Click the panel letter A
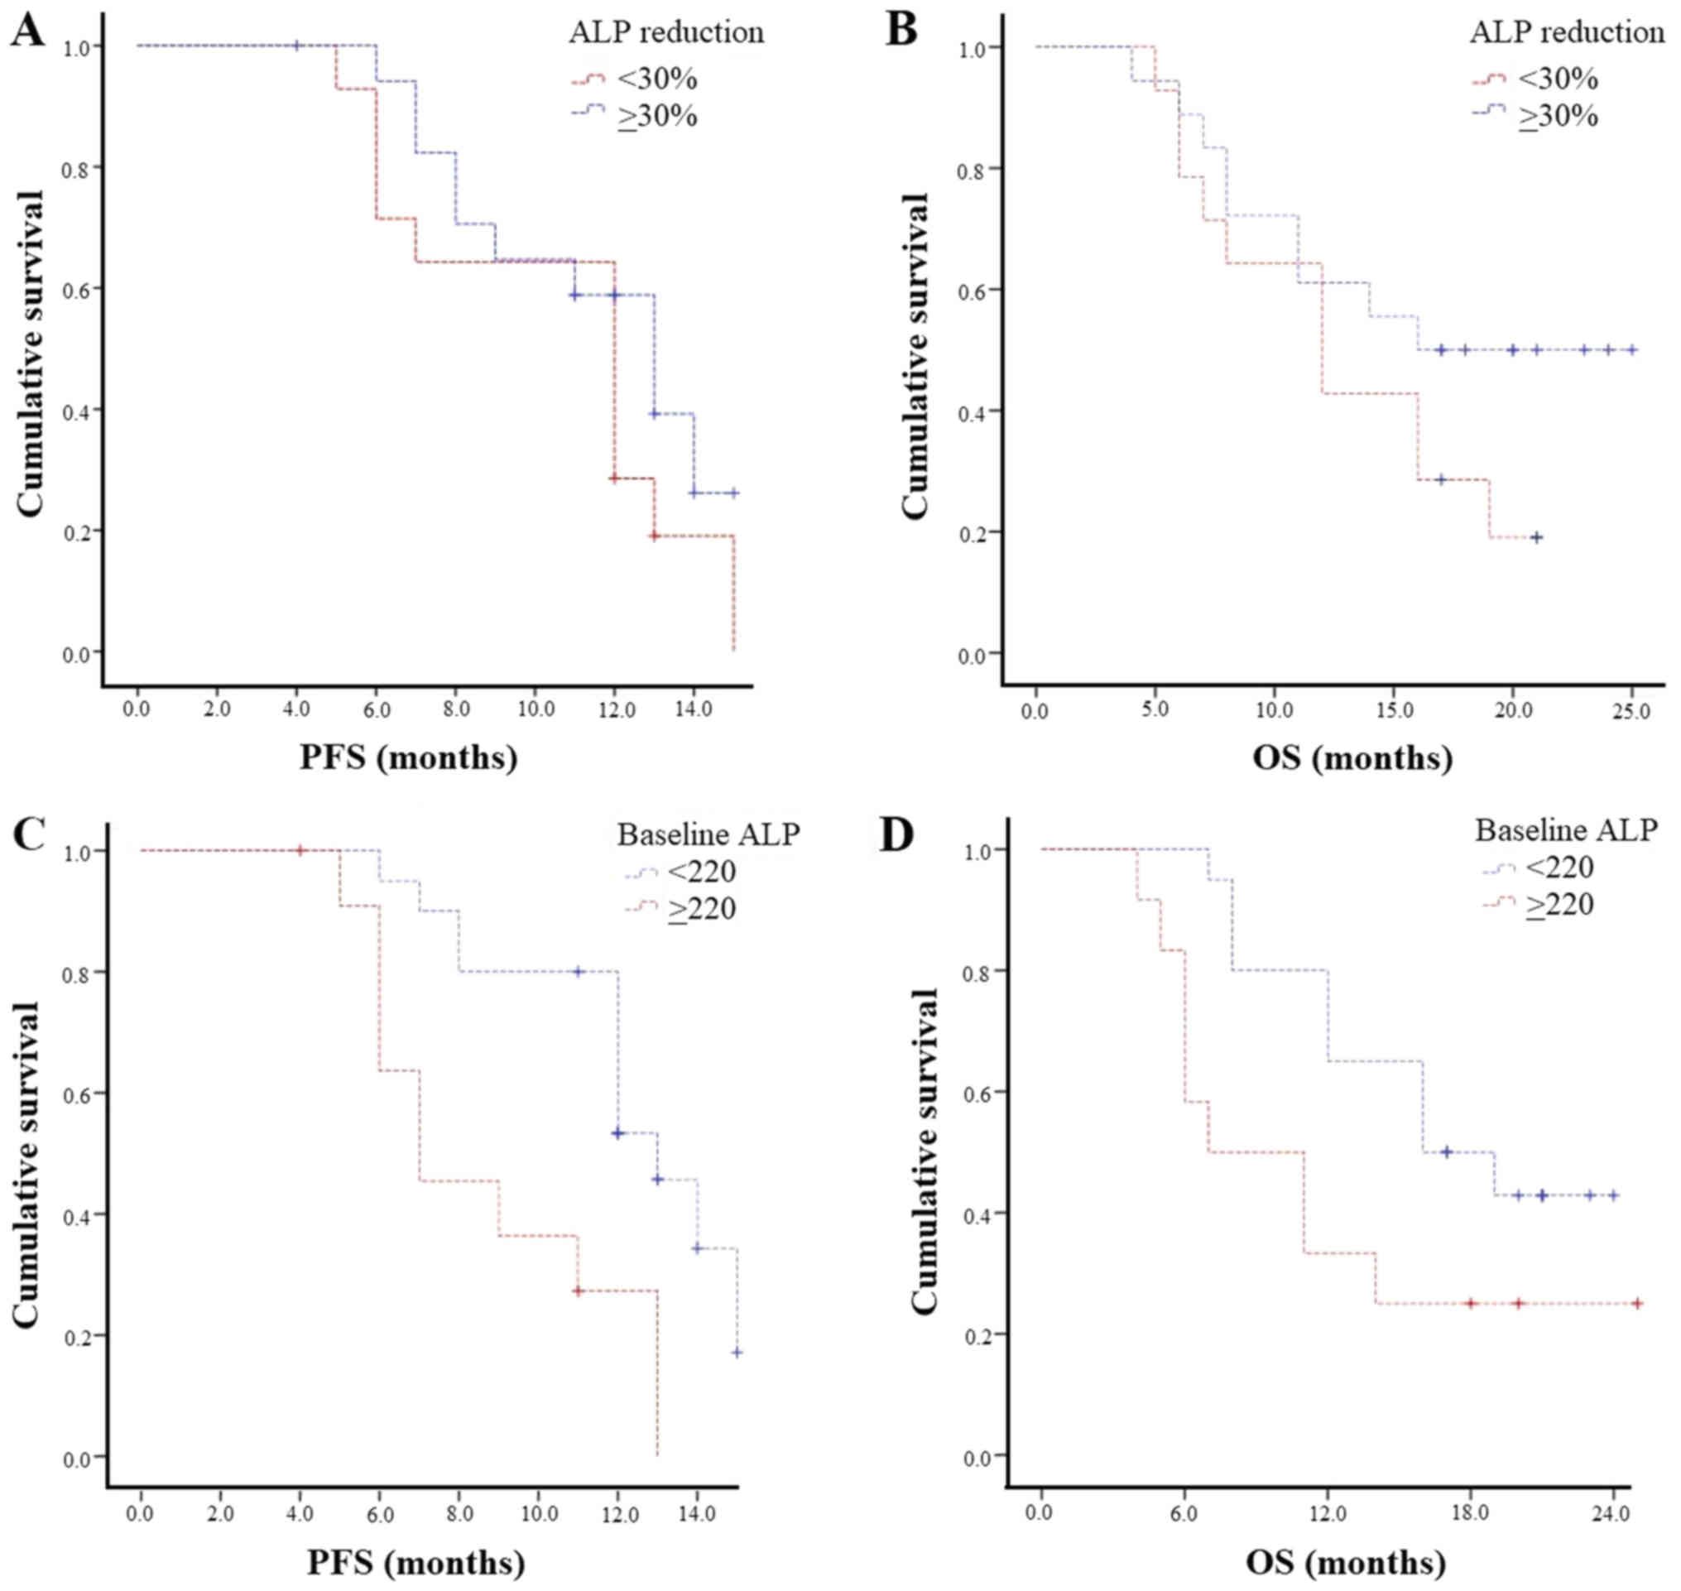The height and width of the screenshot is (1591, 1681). pyautogui.click(x=27, y=31)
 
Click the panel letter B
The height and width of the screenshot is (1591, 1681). pyautogui.click(x=901, y=31)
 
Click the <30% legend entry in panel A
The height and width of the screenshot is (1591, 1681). pyautogui.click(x=656, y=79)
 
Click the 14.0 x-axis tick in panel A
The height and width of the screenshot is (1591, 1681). pyautogui.click(x=694, y=709)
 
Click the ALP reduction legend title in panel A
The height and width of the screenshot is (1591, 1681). pyautogui.click(x=665, y=32)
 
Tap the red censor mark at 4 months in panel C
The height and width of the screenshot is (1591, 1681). pyautogui.click(x=300, y=851)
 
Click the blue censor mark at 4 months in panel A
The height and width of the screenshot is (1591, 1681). pyautogui.click(x=296, y=45)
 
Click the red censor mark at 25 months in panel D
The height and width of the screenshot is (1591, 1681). pyautogui.click(x=1637, y=1304)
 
